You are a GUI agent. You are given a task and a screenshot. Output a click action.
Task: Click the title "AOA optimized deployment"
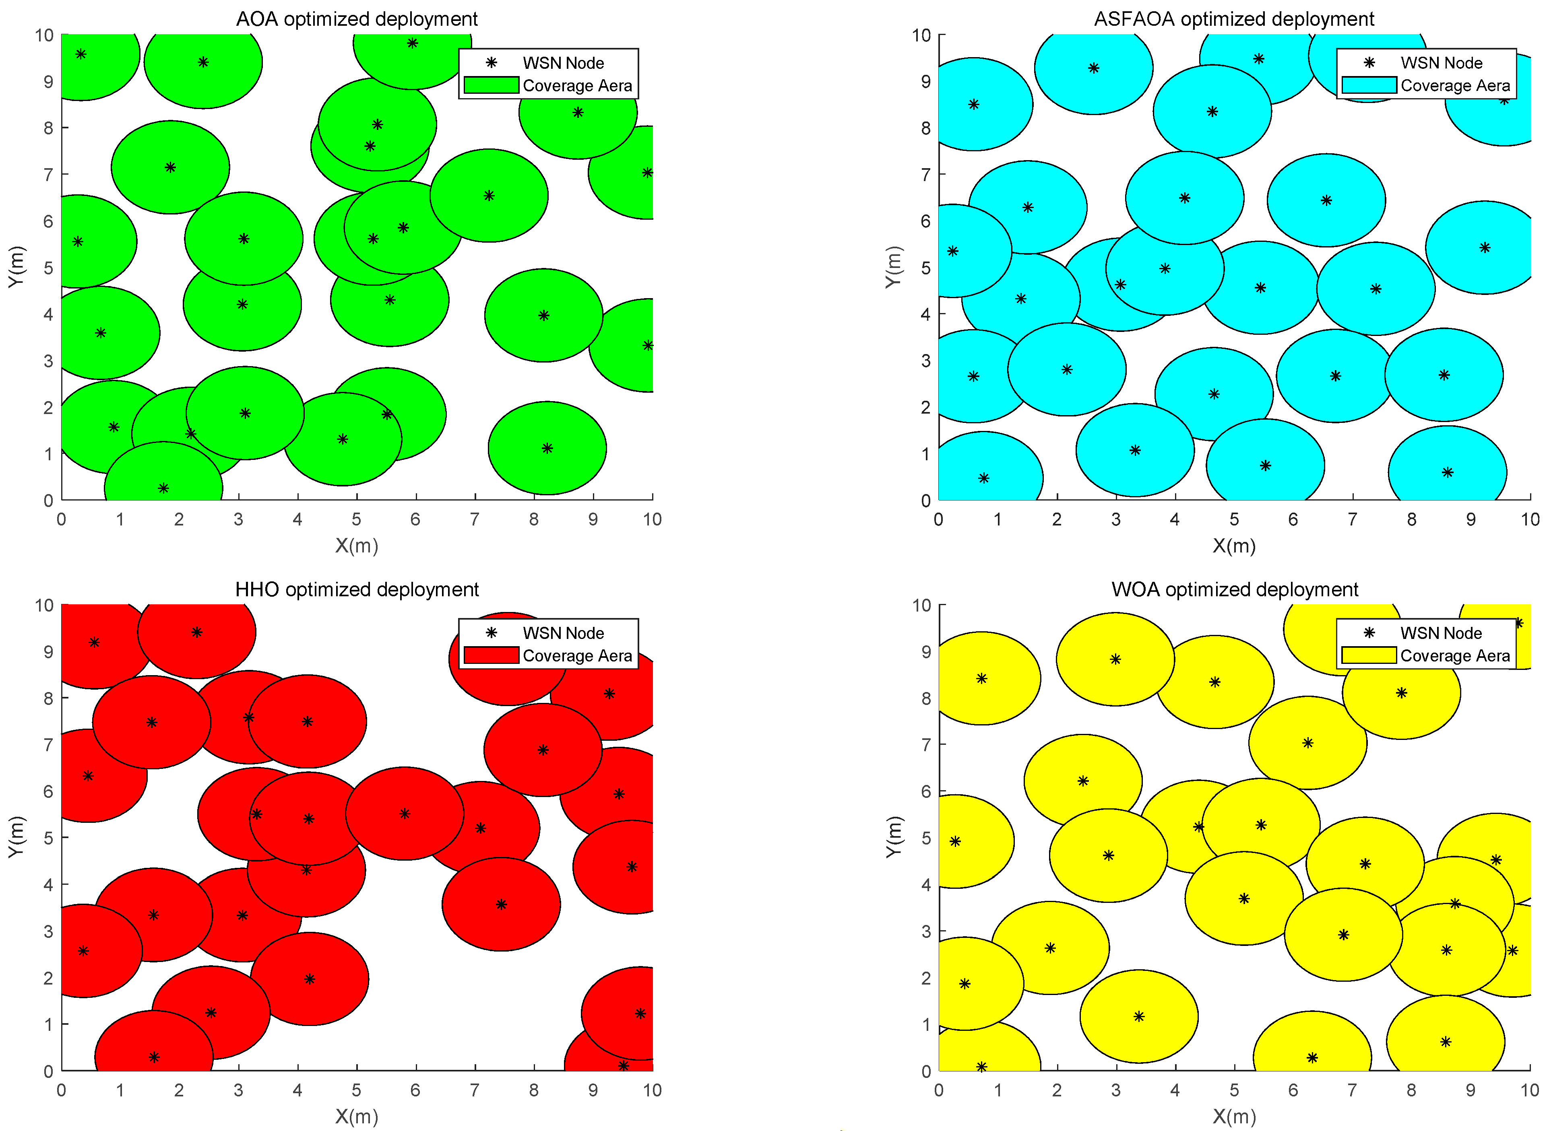357,19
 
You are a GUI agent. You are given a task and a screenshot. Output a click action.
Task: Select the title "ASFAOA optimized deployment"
1233,19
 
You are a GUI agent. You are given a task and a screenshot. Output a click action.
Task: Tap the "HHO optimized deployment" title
357,589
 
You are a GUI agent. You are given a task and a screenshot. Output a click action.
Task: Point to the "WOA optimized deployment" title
1234,589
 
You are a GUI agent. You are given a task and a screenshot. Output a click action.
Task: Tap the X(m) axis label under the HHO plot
357,1117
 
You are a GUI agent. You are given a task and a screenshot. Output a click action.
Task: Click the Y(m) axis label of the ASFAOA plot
892,267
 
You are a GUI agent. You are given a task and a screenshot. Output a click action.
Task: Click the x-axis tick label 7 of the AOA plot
475,519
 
